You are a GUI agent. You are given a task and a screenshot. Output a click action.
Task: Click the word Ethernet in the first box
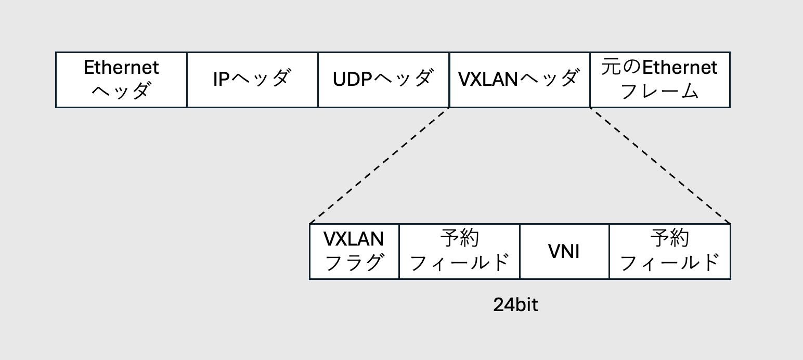(x=121, y=68)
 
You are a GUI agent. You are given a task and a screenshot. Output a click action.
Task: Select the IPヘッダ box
(x=252, y=80)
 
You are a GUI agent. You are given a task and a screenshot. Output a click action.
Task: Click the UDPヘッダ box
(x=383, y=80)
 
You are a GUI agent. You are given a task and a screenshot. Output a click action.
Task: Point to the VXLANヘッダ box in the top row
(x=519, y=80)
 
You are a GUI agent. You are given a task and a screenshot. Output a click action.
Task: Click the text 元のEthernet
(x=659, y=68)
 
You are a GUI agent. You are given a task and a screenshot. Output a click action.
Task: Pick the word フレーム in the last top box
(x=659, y=92)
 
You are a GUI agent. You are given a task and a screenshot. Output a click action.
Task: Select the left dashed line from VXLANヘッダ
(x=380, y=165)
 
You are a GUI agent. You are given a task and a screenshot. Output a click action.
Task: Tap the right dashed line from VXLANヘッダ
(x=660, y=165)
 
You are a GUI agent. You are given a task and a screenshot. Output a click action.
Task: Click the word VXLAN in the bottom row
(x=354, y=239)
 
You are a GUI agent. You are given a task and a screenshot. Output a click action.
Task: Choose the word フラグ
(x=354, y=263)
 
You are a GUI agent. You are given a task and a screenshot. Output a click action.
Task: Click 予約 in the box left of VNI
(x=459, y=239)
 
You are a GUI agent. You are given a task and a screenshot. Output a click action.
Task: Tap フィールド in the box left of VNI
(x=459, y=263)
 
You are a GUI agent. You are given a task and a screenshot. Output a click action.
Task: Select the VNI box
(x=564, y=252)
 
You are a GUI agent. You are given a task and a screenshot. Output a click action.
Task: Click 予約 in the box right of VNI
(x=670, y=239)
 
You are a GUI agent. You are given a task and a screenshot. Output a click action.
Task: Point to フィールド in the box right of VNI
(x=670, y=263)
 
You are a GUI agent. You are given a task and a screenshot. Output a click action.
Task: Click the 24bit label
(x=515, y=305)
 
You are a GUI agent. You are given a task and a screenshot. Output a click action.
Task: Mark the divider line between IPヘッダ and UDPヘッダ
(x=318, y=80)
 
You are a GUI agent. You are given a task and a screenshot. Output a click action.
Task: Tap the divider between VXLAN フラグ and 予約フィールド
(x=399, y=252)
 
